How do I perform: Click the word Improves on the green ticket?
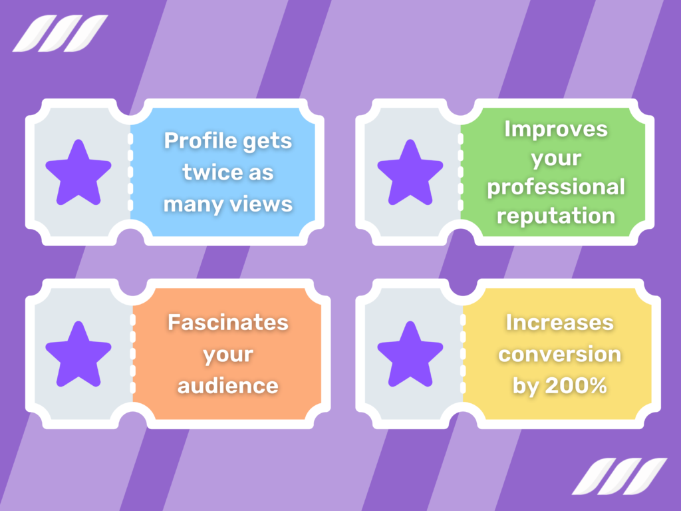556,128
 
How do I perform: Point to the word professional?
556,188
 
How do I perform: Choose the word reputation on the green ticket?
556,216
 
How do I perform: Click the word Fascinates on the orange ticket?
228,323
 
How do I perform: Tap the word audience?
228,385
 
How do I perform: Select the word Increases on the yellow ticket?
559,323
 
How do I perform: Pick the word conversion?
559,354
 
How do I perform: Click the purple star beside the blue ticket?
78,172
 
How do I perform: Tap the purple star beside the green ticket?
410,172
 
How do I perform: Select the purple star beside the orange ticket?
78,354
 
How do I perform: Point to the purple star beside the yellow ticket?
410,354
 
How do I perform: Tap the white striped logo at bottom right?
619,476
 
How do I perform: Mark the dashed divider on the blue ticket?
130,172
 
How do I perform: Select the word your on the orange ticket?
228,355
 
